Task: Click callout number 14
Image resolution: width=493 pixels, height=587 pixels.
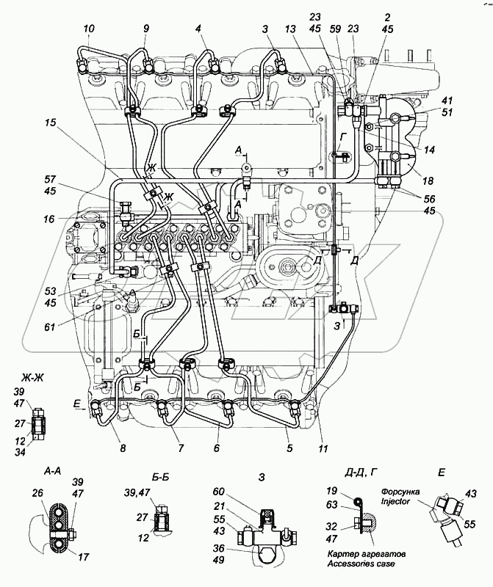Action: coord(429,149)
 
